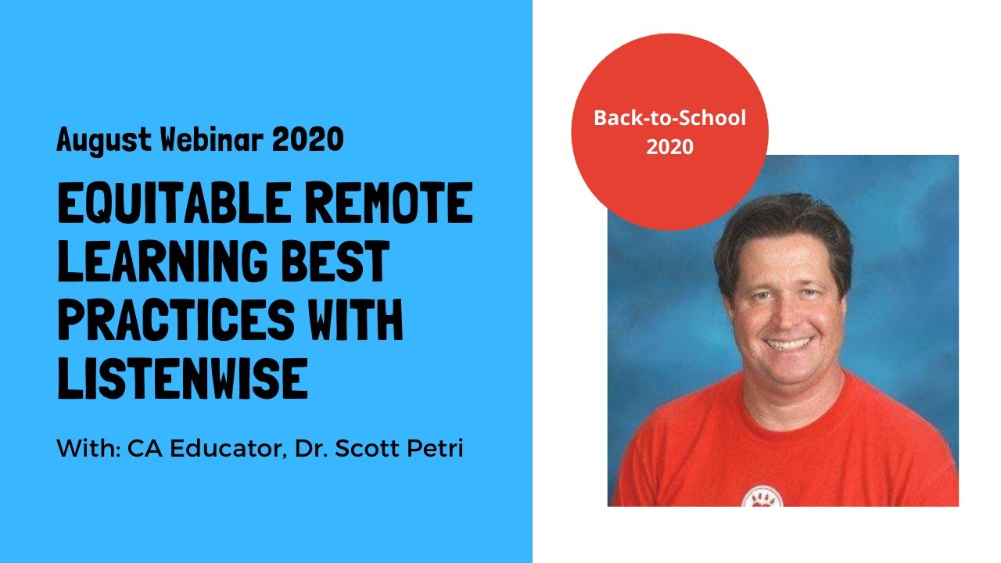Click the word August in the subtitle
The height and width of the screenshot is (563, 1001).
tap(103, 141)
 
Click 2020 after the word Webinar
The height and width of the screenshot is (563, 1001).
tap(307, 141)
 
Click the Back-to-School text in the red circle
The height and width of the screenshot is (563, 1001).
tap(669, 119)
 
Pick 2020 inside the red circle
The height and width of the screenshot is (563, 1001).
tap(669, 146)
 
